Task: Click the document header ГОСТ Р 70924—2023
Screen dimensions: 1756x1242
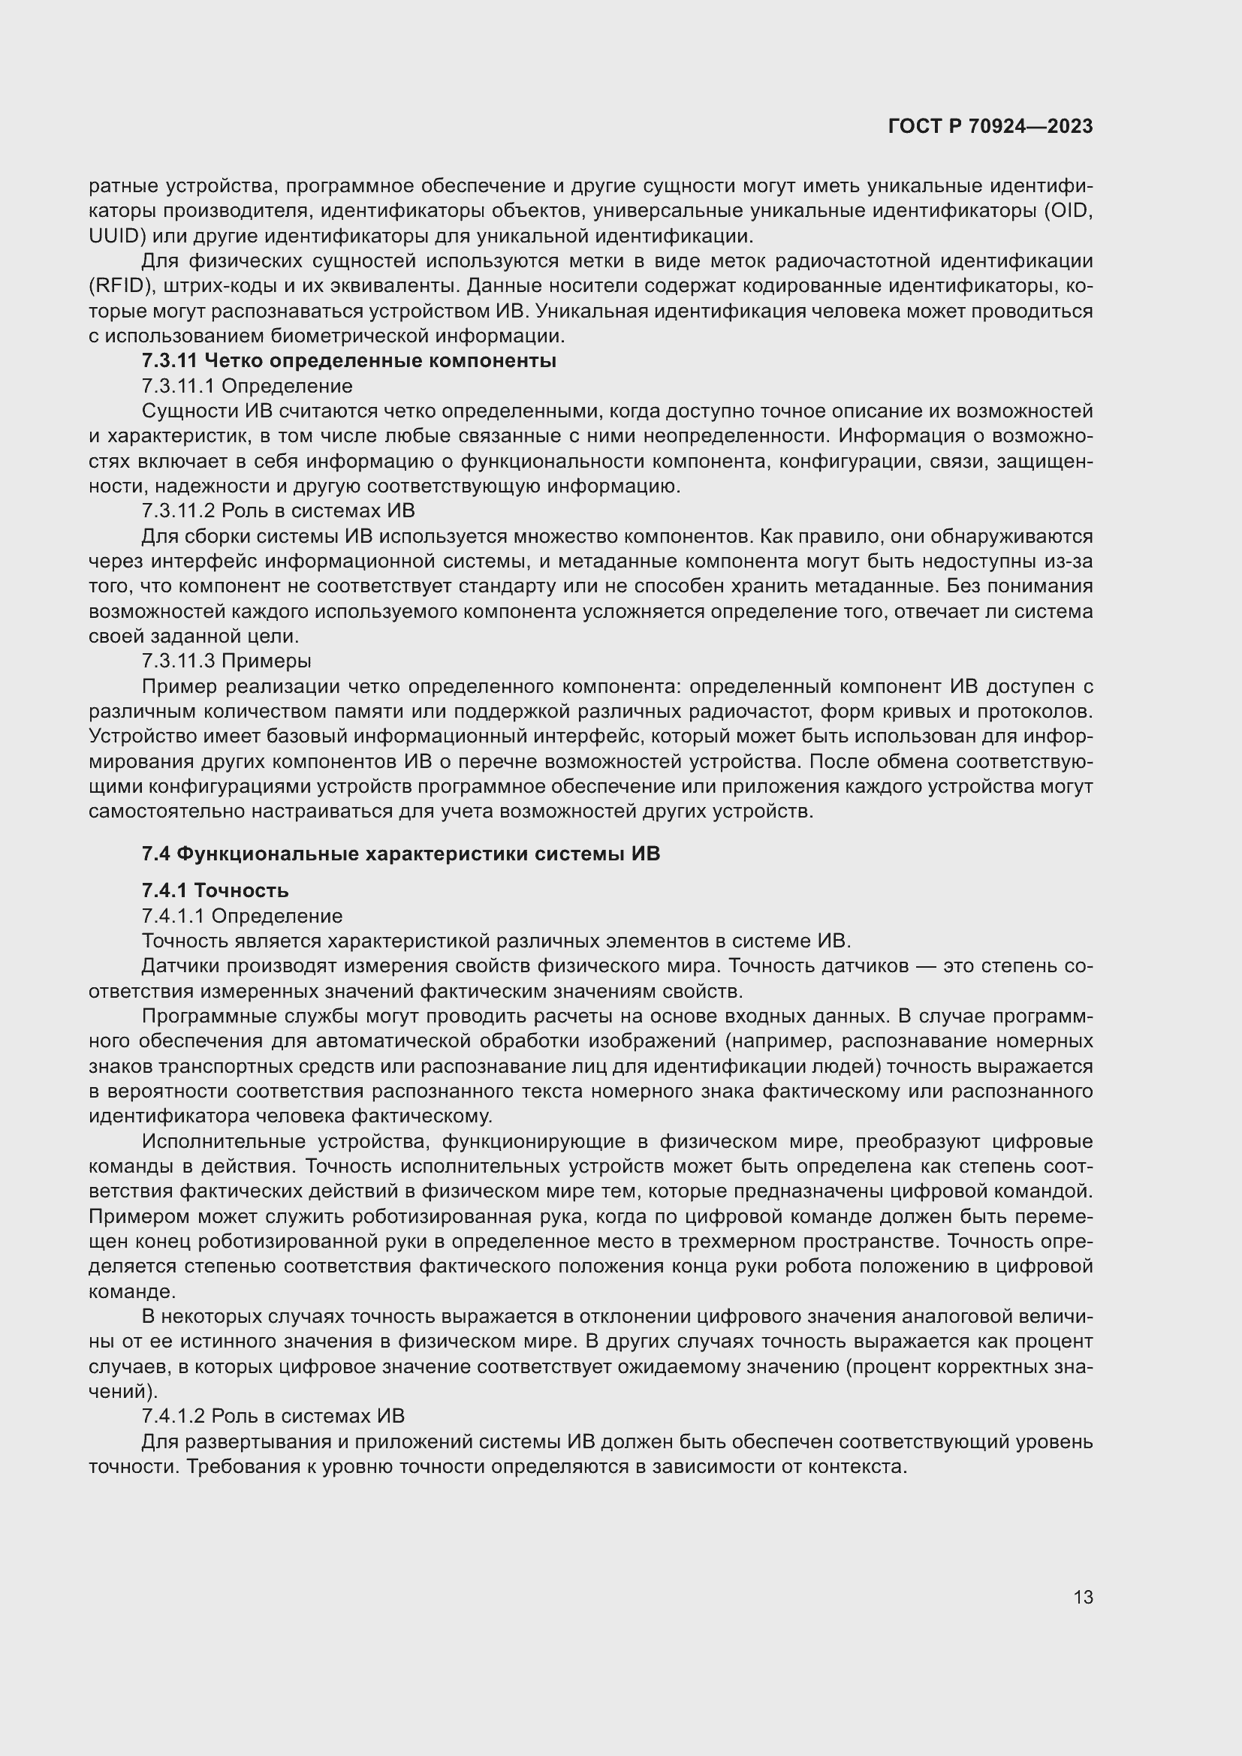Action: pyautogui.click(x=990, y=127)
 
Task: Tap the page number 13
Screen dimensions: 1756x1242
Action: pyautogui.click(x=1083, y=1597)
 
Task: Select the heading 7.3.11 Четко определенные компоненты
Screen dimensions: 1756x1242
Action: pyautogui.click(x=348, y=361)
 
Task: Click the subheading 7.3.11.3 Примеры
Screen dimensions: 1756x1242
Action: pyautogui.click(x=226, y=661)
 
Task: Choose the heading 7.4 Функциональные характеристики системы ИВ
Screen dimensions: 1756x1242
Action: pyautogui.click(x=401, y=854)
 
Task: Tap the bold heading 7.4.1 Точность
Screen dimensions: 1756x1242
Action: pyautogui.click(x=215, y=891)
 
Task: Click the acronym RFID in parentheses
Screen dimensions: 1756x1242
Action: pyautogui.click(x=115, y=286)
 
